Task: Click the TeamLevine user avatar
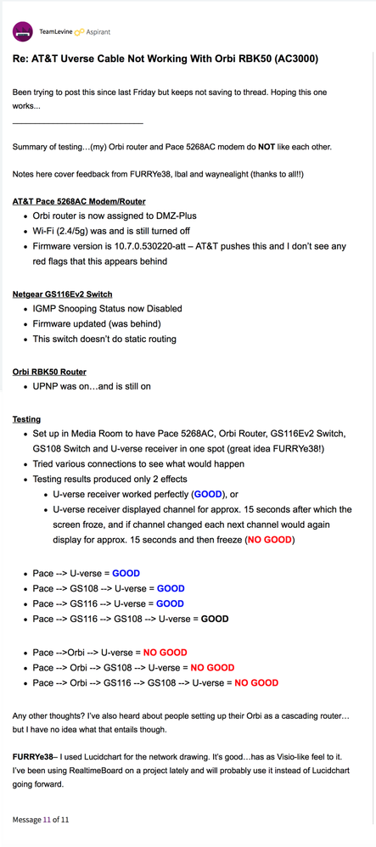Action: (x=23, y=32)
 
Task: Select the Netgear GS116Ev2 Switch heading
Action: (x=69, y=294)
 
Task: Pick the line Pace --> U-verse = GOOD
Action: (x=94, y=573)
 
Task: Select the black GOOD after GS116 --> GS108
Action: (x=215, y=619)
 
